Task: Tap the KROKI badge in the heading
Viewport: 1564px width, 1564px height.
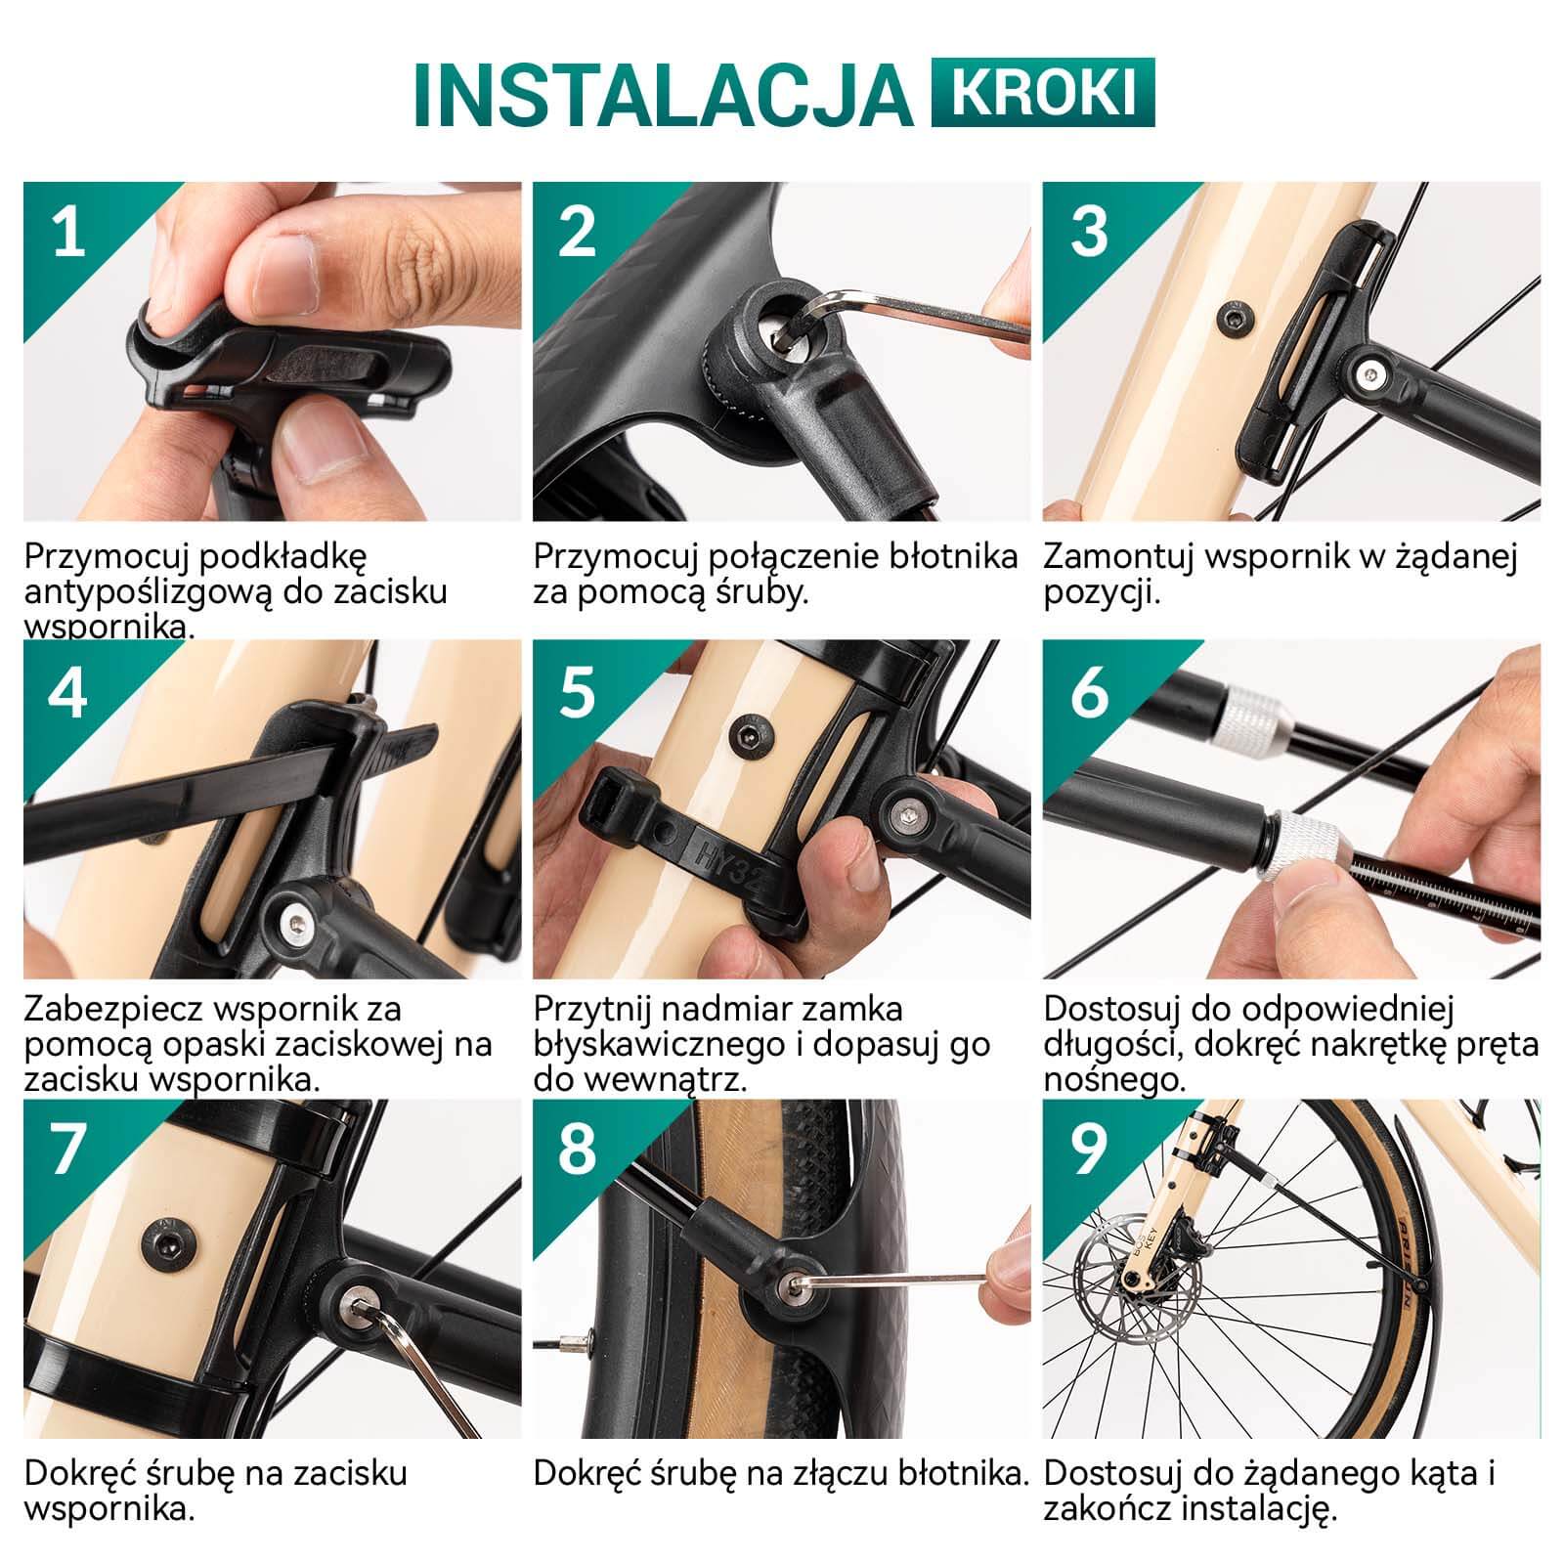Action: [x=1043, y=93]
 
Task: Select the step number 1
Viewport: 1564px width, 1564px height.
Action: [x=68, y=235]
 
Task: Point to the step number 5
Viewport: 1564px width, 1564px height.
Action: [x=577, y=691]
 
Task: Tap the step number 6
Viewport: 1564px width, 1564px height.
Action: [x=1089, y=691]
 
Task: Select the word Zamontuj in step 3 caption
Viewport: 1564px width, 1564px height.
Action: [x=1119, y=558]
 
